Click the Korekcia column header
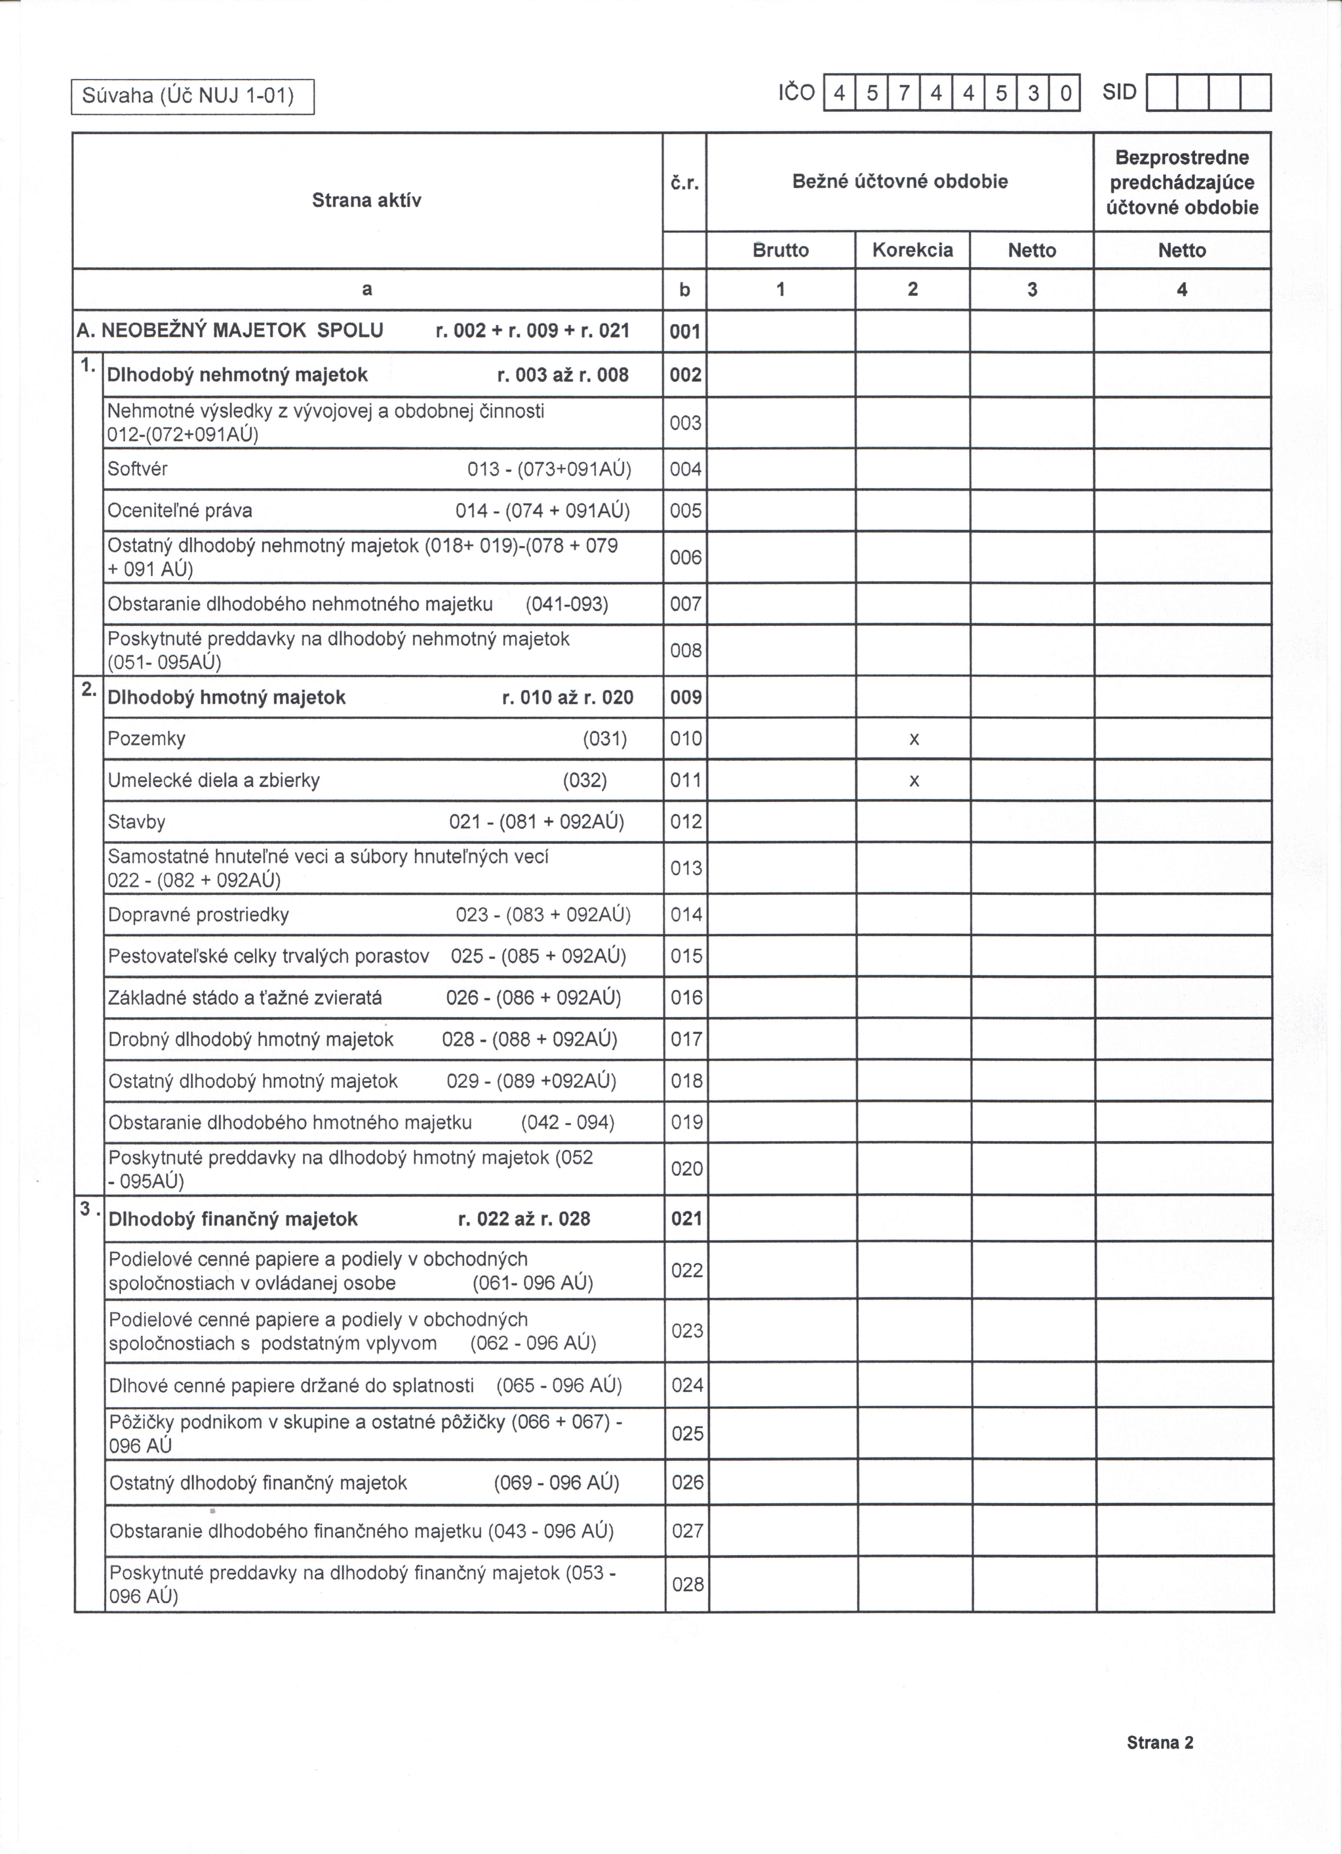913,250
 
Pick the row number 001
685,331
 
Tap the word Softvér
137,469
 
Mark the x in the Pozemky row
914,739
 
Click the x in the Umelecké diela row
914,781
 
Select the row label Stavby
137,821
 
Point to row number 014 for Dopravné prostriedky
686,915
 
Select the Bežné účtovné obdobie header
900,181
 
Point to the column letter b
684,289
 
